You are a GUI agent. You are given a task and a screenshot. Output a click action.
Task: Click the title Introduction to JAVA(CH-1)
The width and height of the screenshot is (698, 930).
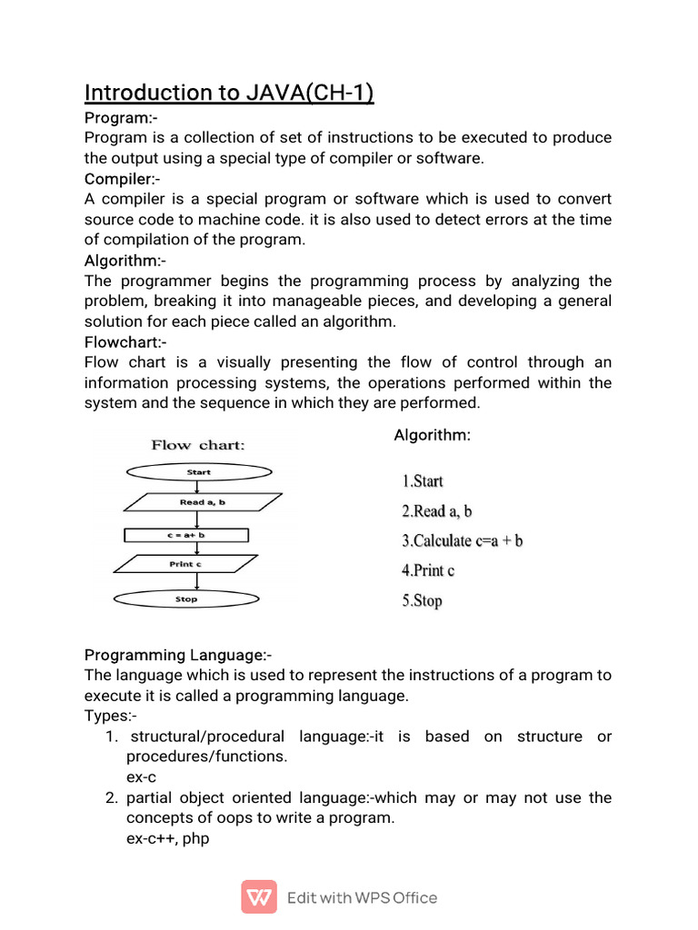click(x=229, y=93)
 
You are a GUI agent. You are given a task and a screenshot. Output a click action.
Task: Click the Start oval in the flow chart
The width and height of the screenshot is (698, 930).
click(x=198, y=472)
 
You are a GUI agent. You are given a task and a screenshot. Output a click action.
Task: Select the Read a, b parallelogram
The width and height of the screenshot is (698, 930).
click(x=202, y=502)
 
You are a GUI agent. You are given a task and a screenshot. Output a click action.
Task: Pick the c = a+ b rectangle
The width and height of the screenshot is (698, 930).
click(x=185, y=536)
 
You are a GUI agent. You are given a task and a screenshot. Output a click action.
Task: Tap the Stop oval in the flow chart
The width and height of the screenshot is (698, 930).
click(x=185, y=599)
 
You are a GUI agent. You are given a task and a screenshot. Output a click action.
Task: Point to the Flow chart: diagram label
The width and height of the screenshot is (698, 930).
click(x=197, y=445)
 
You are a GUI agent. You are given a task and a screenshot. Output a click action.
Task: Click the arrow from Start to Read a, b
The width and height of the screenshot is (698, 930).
click(x=198, y=486)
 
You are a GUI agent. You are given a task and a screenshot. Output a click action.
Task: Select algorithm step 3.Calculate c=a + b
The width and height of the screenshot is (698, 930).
click(x=462, y=541)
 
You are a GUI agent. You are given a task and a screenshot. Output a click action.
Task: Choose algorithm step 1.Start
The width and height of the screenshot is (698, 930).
click(x=423, y=481)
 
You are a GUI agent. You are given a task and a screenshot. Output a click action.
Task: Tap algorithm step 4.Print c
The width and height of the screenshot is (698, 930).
click(x=428, y=571)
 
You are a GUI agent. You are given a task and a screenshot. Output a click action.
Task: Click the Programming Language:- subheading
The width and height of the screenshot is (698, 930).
click(x=178, y=655)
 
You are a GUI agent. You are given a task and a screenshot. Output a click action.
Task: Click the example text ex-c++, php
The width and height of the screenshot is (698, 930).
click(x=167, y=838)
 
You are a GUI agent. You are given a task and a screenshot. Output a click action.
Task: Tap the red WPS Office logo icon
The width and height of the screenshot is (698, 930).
click(x=259, y=897)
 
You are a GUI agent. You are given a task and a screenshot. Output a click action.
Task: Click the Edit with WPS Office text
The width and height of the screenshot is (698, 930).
click(x=362, y=898)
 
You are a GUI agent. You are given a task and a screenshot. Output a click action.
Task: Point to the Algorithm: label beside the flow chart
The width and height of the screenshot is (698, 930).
click(x=432, y=436)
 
